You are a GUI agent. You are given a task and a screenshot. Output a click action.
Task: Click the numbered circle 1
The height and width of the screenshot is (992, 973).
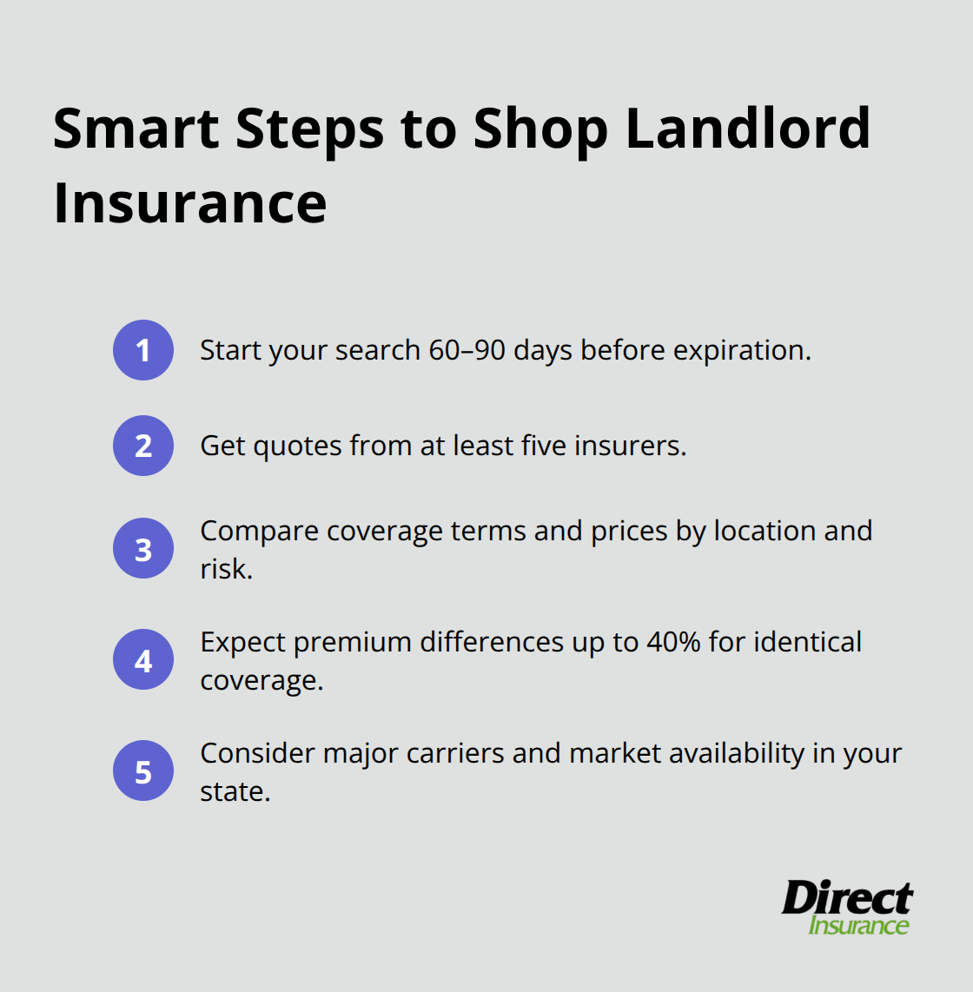coord(143,350)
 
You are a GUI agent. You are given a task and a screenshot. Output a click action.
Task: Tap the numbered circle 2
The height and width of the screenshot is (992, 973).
coord(143,446)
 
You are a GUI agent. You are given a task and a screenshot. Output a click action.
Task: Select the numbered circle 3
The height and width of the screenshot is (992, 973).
coord(143,549)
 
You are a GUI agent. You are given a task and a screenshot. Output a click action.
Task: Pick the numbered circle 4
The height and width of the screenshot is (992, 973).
coord(143,660)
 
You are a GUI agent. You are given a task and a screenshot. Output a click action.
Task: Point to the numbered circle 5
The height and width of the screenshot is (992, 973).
coord(143,771)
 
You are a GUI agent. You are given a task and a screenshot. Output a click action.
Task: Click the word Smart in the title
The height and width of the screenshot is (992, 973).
coord(136,129)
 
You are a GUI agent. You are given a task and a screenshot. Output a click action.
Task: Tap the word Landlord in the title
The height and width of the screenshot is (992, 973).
coord(747,129)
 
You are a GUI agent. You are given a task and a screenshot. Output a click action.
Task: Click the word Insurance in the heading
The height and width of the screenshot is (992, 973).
coord(189,203)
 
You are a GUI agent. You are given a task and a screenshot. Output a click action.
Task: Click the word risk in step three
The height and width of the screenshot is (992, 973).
coord(226,569)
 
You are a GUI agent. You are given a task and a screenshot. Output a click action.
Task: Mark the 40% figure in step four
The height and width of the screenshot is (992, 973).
coord(673,642)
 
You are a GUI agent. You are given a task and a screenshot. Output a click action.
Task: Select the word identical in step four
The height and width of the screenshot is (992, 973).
coord(807,642)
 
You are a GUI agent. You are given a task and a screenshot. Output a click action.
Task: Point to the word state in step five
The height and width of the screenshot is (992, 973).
coord(235,791)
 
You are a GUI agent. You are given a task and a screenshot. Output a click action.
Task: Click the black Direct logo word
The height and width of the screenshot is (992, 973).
coord(847,897)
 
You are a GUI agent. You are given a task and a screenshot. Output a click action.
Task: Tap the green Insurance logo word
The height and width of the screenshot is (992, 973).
coord(858,925)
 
